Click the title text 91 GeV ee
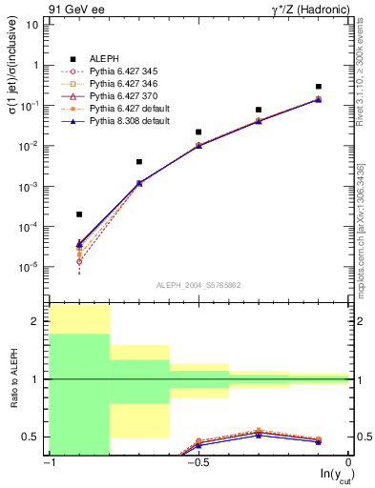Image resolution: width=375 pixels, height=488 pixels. coord(71,8)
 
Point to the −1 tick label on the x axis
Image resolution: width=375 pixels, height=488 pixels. coord(48,462)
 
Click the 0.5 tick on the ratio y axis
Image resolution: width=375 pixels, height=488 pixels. coord(36,437)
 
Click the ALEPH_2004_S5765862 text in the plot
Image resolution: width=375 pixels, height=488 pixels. coord(198,285)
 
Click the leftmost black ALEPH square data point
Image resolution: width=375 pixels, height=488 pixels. coord(79,214)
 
